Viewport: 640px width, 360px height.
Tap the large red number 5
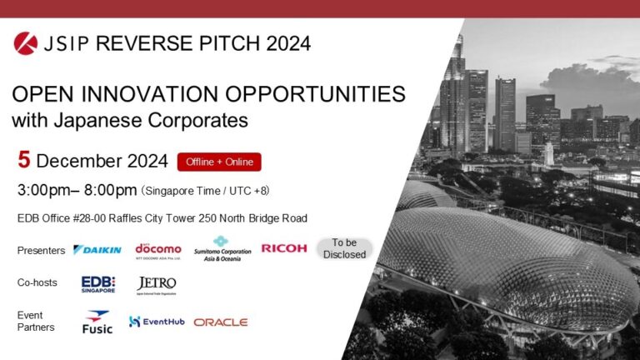pyautogui.click(x=23, y=160)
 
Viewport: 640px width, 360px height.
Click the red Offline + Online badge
pyautogui.click(x=219, y=162)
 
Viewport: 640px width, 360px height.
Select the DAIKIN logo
pyautogui.click(x=97, y=249)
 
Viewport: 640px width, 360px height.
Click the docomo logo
pyautogui.click(x=157, y=249)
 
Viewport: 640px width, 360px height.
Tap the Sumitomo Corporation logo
pyautogui.click(x=222, y=248)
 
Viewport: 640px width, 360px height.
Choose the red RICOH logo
pyautogui.click(x=284, y=248)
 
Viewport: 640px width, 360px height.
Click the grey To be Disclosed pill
pyautogui.click(x=344, y=248)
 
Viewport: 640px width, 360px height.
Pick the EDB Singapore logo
pyautogui.click(x=98, y=284)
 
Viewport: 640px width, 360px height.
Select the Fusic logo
pyautogui.click(x=97, y=322)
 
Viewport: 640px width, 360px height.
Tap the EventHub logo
pyautogui.click(x=156, y=321)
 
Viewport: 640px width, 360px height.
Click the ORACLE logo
pyautogui.click(x=221, y=322)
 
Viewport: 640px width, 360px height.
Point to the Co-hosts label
pyautogui.click(x=37, y=283)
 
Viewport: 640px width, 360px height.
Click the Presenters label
pyautogui.click(x=41, y=250)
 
